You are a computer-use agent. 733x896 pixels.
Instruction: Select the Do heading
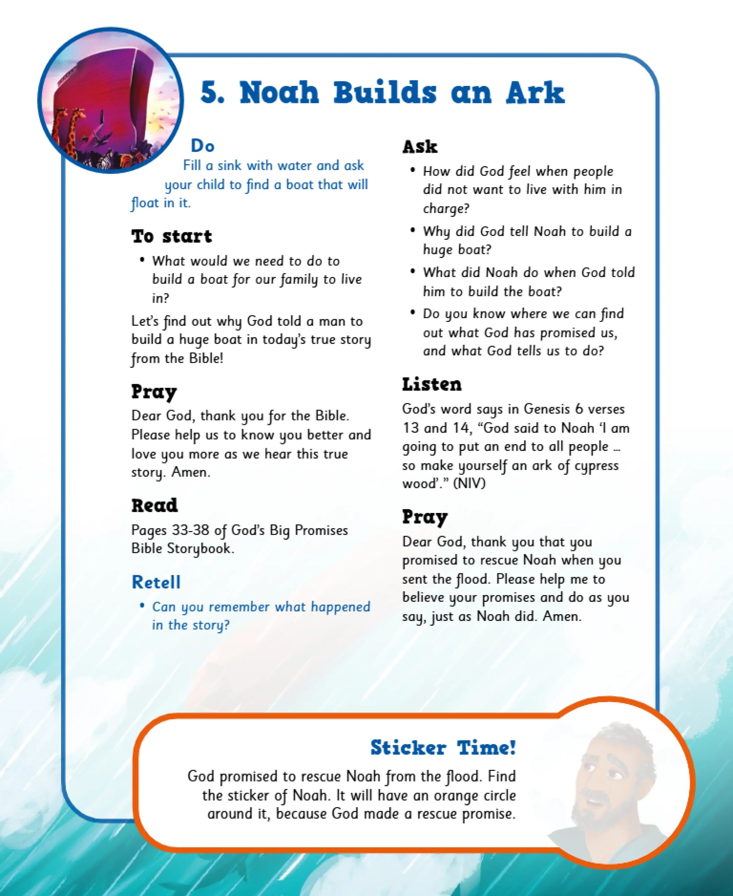tap(203, 146)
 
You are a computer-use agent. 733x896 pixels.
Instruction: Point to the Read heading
tap(154, 505)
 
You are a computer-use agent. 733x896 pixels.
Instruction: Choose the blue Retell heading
tap(156, 582)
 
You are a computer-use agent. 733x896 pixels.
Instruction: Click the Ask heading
tap(420, 147)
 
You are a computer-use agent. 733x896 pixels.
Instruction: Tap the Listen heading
tap(432, 384)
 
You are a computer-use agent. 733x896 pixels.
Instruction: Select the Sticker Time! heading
tap(443, 747)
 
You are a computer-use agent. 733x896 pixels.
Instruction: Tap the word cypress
tap(596, 466)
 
